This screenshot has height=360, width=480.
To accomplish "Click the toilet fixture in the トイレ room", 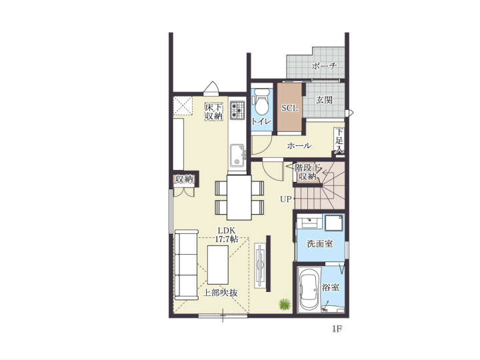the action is coord(261,101).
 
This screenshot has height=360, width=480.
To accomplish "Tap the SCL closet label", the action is coord(289,108).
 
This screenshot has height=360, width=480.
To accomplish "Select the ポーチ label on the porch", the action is coord(324,66).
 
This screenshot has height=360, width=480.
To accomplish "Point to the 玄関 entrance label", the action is coord(324,100).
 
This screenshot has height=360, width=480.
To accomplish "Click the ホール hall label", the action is coord(299,146).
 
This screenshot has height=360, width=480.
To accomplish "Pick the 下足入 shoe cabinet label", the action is coord(339,141).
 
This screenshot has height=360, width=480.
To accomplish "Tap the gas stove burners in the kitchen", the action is coord(237,110).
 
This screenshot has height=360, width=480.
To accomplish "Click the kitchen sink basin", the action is coord(237,155).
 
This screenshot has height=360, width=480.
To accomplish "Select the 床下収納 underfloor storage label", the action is coord(214,112).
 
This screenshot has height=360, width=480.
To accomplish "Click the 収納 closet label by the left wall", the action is coord(184,179).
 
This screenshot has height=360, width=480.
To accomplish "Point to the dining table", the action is coord(239,197).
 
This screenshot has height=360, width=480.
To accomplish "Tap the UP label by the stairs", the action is coord(285,199).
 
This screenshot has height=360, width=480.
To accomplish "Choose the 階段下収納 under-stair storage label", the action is coord(307,172).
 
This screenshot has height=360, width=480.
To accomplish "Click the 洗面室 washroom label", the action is coord(319,244).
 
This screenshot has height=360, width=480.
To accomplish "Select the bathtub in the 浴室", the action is coord(309,289).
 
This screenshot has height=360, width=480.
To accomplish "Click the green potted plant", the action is coord(285,304).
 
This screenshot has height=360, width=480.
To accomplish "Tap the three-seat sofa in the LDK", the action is coord(186,265).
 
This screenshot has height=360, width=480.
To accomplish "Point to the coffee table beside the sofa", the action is coord(217,265).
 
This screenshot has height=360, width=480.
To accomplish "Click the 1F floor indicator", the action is coord(337,329).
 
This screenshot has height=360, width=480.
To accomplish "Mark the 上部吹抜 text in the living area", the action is coord(221,293).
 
